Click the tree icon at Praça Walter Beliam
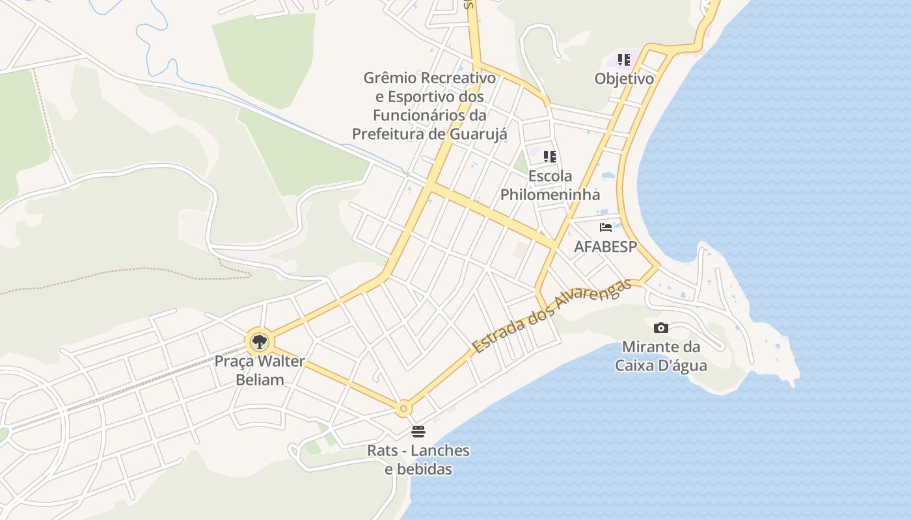260,341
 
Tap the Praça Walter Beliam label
260,370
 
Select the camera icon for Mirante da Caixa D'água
660,328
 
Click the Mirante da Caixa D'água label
661,356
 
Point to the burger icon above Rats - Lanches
418,432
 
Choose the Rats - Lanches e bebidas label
418,460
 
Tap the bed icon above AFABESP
606,227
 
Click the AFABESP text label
605,247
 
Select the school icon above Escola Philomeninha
550,157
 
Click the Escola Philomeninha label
550,185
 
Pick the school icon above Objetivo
624,60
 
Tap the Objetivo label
624,79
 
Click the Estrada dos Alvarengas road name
552,317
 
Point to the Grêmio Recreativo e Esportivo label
429,106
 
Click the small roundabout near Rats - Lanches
403,408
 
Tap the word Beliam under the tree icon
260,380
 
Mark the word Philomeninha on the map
550,194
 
